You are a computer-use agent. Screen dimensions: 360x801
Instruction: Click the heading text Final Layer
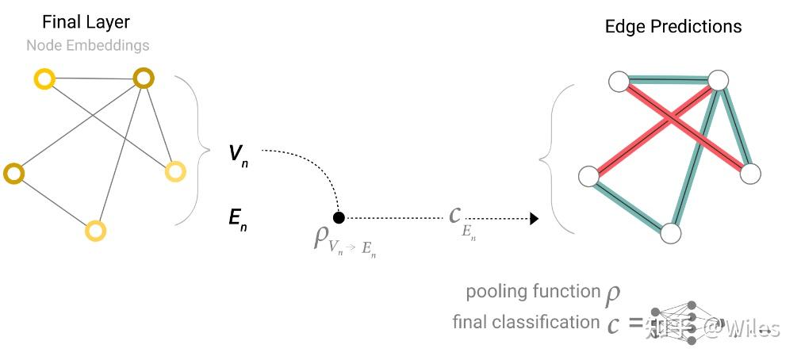click(86, 22)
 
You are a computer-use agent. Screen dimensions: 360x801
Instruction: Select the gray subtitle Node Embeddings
click(87, 45)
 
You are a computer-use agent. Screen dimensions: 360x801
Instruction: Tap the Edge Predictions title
click(673, 26)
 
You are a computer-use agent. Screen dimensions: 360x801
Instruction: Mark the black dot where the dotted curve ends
click(339, 217)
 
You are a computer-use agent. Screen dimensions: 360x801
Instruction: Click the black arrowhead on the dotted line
click(535, 218)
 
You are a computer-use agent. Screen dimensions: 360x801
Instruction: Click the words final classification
click(526, 322)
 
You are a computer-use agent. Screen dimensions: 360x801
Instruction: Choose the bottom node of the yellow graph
click(95, 231)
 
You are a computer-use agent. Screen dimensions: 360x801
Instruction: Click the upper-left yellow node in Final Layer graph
click(44, 78)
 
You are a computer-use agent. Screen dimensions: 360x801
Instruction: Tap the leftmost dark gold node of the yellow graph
click(13, 172)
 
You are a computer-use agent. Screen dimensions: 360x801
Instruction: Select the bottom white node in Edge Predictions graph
click(671, 232)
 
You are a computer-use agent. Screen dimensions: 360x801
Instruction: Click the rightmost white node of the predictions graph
click(749, 174)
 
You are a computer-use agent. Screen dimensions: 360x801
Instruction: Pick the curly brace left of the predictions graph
click(548, 159)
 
